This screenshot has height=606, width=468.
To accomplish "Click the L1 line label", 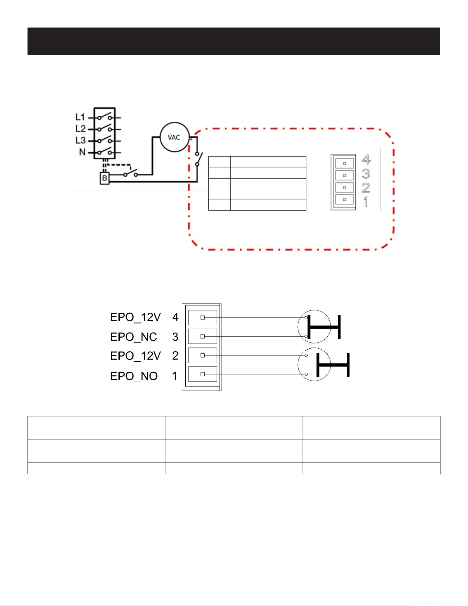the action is [80, 117].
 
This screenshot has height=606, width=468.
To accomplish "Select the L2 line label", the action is [80, 129].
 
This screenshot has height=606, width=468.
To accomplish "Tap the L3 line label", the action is [80, 140].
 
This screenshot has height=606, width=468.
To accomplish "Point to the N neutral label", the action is [82, 152].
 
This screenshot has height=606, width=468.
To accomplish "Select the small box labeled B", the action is [105, 178].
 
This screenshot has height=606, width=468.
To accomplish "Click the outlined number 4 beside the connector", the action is [366, 159].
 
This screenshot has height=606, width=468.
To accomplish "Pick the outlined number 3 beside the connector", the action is [366, 173].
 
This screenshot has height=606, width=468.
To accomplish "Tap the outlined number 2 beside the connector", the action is [366, 188].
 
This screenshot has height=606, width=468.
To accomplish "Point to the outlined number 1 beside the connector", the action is [366, 202].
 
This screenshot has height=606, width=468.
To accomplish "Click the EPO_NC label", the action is [133, 337].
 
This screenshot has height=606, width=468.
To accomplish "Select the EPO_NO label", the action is [134, 376].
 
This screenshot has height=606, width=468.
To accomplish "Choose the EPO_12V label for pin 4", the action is [135, 317].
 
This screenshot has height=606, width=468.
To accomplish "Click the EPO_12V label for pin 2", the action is [135, 356].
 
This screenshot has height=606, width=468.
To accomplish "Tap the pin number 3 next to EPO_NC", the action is [175, 337].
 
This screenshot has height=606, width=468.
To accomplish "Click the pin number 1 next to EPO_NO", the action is [175, 376].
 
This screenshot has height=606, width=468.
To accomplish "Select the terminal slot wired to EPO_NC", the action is [203, 336].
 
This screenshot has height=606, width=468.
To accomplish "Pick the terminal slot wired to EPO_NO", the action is [203, 374].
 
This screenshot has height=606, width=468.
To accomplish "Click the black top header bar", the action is [234, 41].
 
